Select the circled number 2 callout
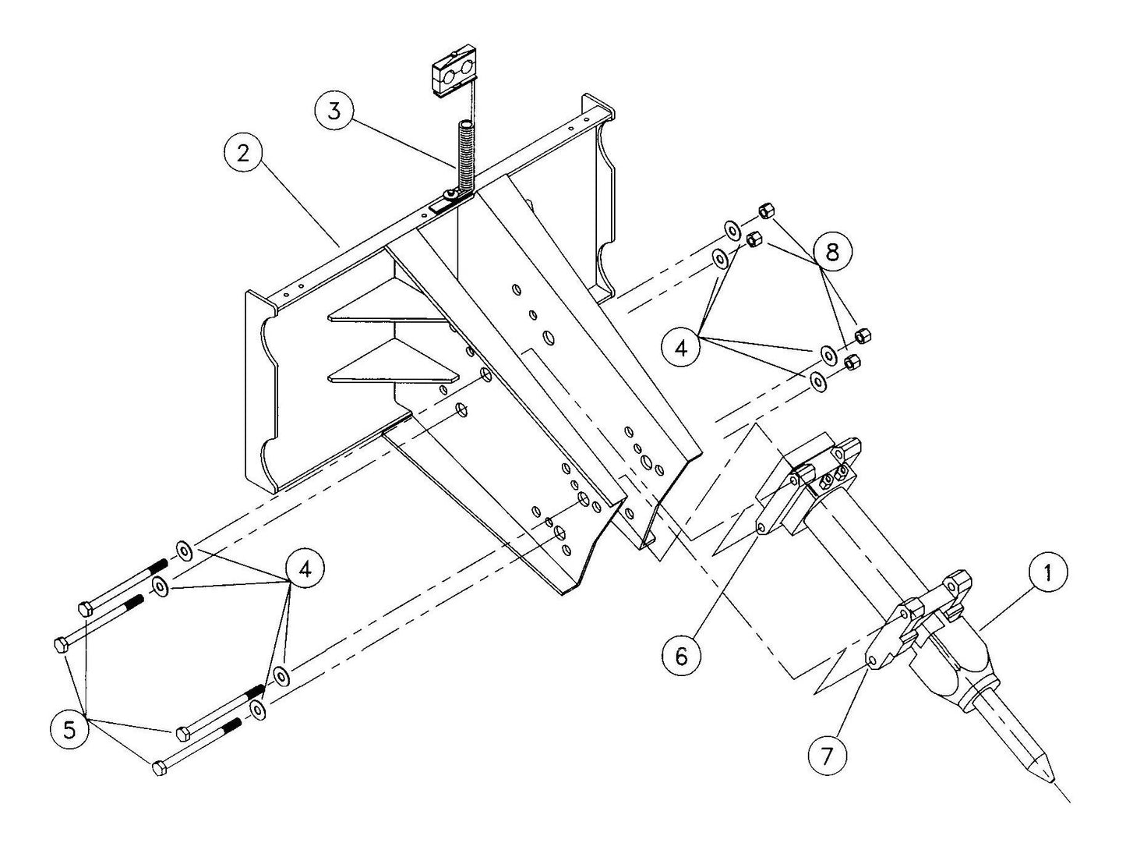[243, 154]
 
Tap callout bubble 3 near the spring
[334, 111]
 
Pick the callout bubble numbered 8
[832, 251]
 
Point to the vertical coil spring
[465, 156]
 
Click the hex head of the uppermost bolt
[85, 609]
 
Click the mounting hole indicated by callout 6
[761, 530]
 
